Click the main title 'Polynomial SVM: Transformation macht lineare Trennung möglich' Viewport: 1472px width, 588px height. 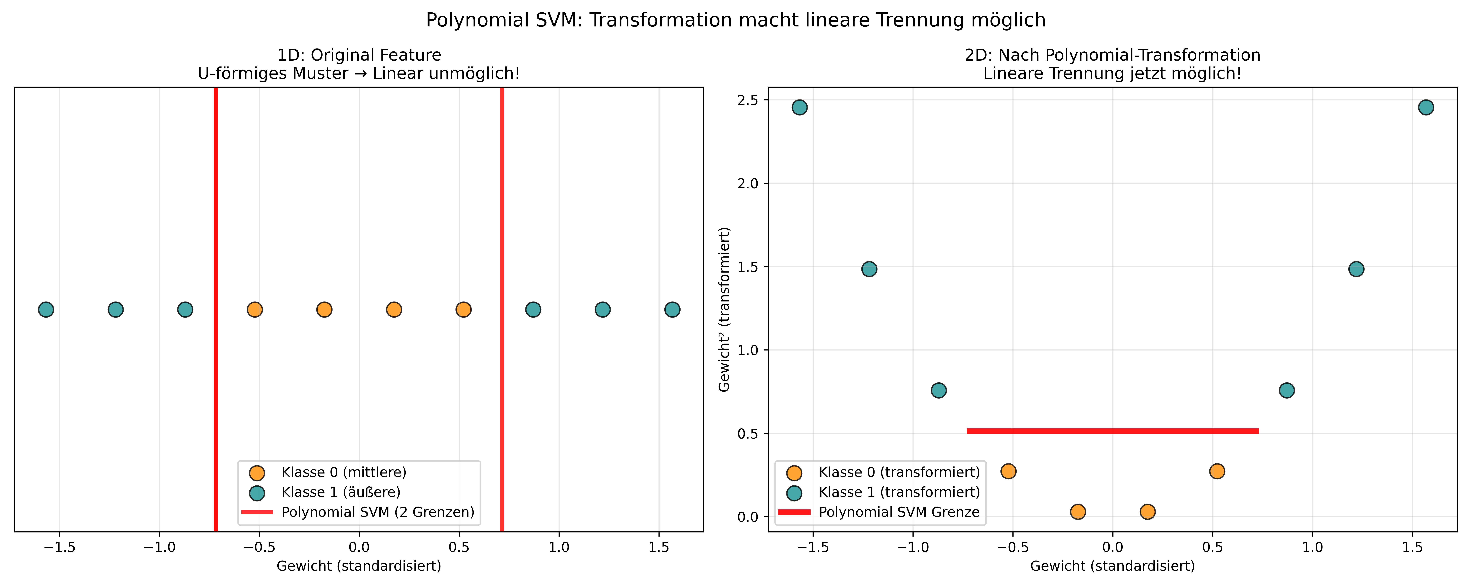coord(736,20)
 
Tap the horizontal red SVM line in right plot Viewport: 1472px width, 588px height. coord(1113,431)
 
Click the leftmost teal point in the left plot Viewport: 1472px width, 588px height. coord(46,309)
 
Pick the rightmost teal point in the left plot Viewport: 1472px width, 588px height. coord(672,309)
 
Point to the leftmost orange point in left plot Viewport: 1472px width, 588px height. coord(255,309)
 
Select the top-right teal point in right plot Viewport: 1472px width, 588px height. coord(1426,107)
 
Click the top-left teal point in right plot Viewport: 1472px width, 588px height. coord(799,107)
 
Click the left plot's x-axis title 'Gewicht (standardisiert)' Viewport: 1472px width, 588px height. coord(359,566)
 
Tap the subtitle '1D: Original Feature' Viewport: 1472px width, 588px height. coord(359,55)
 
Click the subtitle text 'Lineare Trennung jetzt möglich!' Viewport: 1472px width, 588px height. coord(1113,74)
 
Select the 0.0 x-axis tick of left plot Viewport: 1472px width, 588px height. coord(359,547)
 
